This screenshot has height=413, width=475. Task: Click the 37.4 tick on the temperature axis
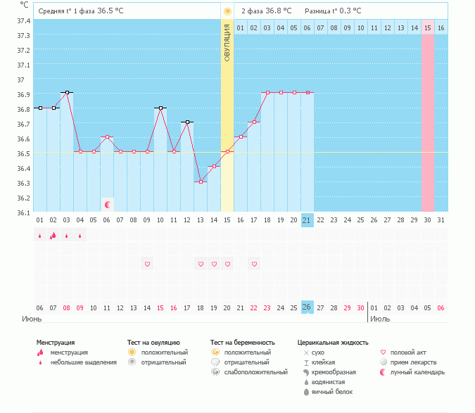click(23, 20)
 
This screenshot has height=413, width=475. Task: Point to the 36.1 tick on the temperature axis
click(23, 212)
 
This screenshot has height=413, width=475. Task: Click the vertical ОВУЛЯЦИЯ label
click(227, 43)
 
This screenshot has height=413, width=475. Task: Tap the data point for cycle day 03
click(67, 92)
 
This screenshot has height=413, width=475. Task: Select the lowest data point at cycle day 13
click(201, 182)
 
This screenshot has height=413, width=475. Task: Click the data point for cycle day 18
click(267, 92)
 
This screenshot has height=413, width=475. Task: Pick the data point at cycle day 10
click(160, 108)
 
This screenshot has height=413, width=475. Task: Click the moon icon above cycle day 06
click(107, 205)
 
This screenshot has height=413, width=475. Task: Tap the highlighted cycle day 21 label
click(307, 220)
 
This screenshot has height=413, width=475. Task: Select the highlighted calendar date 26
click(307, 307)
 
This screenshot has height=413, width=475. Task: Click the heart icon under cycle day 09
click(147, 265)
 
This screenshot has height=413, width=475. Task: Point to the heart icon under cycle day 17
click(254, 265)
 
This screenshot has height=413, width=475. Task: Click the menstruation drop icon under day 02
click(53, 236)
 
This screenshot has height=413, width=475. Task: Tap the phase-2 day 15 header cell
click(427, 27)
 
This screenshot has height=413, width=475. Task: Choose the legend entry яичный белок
click(332, 392)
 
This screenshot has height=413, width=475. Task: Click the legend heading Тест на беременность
click(242, 342)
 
